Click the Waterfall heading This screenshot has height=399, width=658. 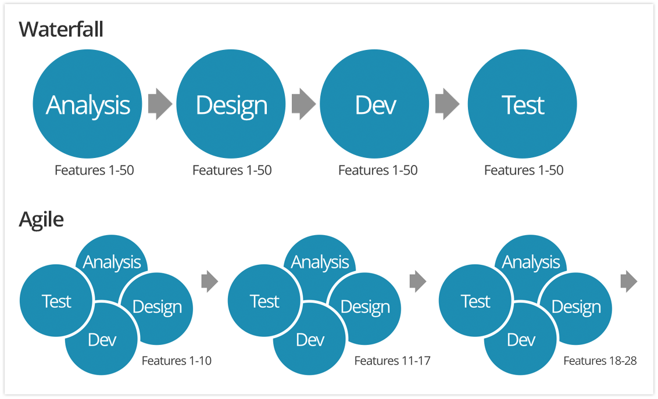[61, 30]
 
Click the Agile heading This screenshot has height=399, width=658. [41, 220]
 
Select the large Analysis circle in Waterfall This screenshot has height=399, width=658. [87, 104]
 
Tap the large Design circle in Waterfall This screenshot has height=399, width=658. [231, 104]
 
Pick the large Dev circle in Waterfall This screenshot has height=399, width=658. [374, 104]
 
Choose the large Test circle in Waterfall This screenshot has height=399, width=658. [522, 104]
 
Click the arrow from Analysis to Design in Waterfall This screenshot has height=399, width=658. [160, 104]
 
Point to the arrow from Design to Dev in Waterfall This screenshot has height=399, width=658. [303, 104]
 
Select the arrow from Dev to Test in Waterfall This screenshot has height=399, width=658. [448, 104]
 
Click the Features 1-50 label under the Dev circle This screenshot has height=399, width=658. [378, 170]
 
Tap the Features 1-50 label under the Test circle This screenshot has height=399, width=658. [524, 170]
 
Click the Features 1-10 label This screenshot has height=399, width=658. [176, 361]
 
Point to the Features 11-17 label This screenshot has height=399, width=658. [392, 361]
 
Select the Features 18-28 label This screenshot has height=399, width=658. [600, 361]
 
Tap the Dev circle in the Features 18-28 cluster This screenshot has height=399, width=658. [520, 339]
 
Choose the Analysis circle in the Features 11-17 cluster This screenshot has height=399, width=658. [320, 258]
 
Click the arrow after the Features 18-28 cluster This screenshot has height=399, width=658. [628, 281]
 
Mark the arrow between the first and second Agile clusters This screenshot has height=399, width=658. [210, 281]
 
